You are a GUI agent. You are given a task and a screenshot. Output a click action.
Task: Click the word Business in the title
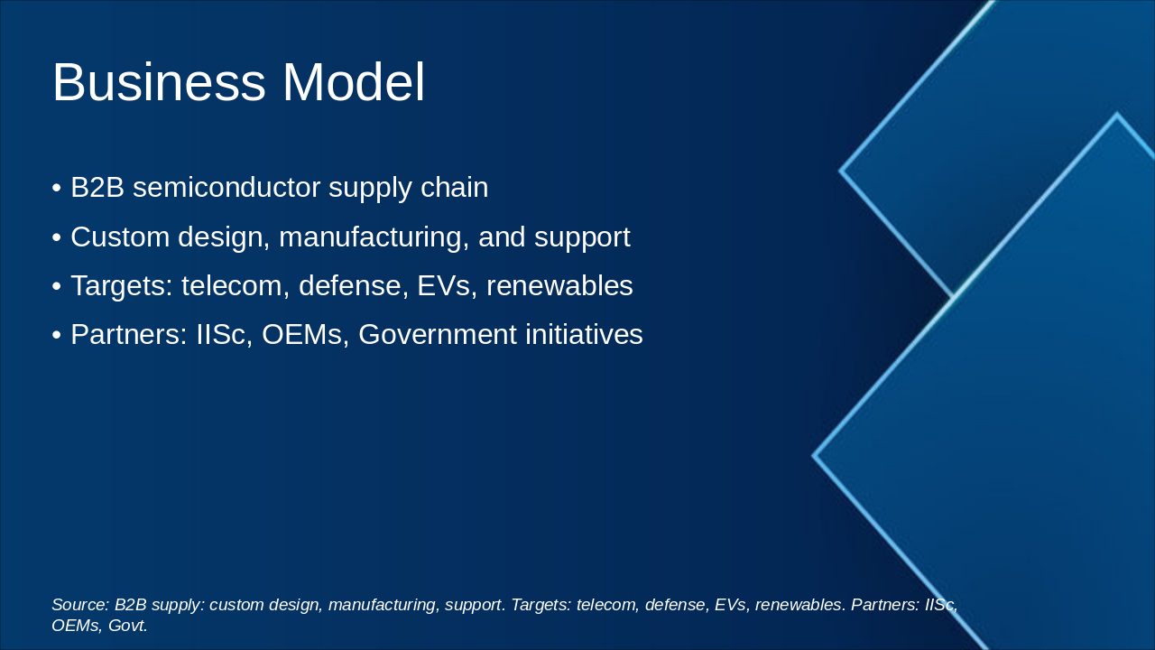(159, 82)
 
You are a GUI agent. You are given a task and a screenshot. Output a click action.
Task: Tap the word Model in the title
(353, 82)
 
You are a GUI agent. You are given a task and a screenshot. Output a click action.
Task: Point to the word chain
(454, 187)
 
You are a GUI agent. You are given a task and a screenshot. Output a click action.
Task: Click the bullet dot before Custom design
(56, 237)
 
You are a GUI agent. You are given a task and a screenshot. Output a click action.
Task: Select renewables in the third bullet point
(559, 286)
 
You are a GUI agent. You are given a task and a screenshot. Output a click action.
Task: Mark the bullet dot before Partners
(56, 335)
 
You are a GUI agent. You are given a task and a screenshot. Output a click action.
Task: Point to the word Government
(438, 334)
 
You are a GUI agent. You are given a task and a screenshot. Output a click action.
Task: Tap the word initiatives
(584, 334)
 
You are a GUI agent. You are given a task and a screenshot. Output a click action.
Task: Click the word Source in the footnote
(80, 605)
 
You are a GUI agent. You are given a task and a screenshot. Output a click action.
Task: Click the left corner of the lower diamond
(813, 456)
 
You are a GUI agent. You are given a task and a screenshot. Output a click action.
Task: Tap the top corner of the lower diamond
(1117, 113)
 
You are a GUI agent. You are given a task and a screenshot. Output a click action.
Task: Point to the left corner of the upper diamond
(840, 171)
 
